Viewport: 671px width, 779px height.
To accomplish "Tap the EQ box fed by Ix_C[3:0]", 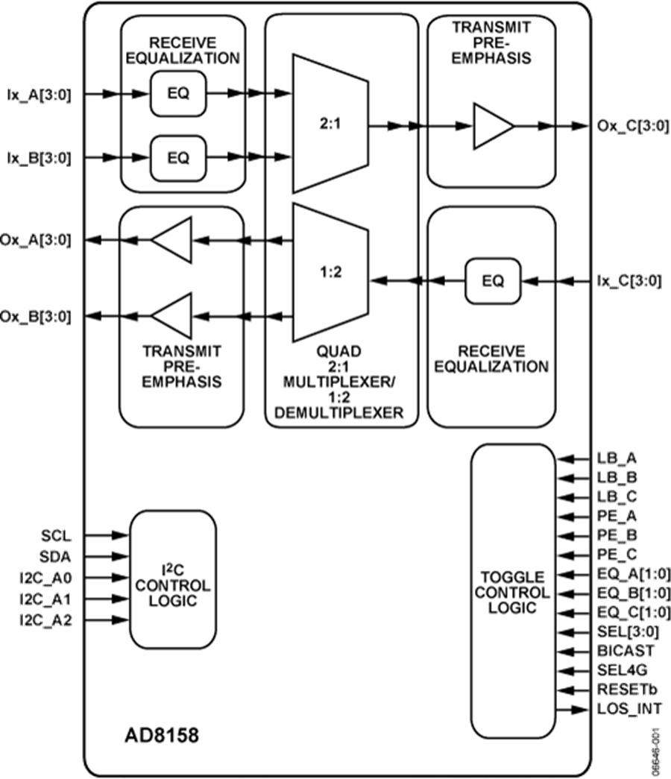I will (x=493, y=281).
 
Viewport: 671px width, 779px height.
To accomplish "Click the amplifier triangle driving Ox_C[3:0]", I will (x=493, y=126).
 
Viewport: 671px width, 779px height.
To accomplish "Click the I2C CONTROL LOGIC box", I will (x=173, y=579).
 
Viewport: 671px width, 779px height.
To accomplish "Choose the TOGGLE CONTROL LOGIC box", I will (x=512, y=593).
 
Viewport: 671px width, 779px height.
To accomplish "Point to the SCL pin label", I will (x=57, y=535).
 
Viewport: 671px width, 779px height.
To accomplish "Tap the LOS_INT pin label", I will (x=629, y=708).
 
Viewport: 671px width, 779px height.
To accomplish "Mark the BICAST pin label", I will (x=625, y=650).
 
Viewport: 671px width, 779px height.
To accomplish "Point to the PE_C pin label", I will (x=617, y=554).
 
